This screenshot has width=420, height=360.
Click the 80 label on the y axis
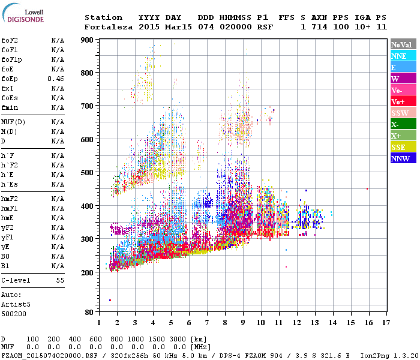click(89, 313)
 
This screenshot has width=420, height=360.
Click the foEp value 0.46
click(56, 79)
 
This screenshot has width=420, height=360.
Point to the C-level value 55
click(60, 280)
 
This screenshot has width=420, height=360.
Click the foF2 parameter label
click(10, 40)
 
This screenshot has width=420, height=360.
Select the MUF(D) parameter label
click(13, 122)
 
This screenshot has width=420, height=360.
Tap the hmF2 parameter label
click(10, 199)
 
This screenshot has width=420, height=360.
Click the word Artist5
click(13, 304)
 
